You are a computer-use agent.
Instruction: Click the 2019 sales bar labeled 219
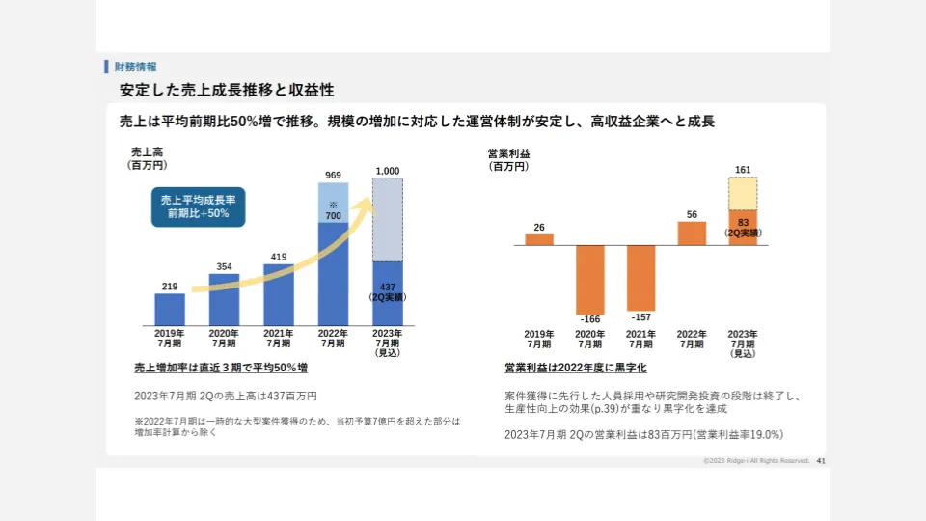[x=170, y=309]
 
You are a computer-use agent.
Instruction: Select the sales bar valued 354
[x=224, y=299]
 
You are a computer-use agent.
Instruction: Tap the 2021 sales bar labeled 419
[x=278, y=294]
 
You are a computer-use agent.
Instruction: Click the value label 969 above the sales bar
[x=333, y=175]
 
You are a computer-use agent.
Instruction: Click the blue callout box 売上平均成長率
[x=198, y=206]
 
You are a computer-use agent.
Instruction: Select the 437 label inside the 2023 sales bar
[x=387, y=288]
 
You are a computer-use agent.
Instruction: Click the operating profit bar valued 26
[x=539, y=239]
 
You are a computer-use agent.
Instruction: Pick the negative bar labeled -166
[x=589, y=278]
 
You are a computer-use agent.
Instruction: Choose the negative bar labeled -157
[x=640, y=276]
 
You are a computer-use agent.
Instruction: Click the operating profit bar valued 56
[x=692, y=233]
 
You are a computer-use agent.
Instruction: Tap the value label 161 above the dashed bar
[x=743, y=170]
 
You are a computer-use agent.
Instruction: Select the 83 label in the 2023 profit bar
[x=743, y=223]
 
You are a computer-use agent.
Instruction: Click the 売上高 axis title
[x=148, y=152]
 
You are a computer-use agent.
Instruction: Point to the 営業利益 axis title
[x=508, y=152]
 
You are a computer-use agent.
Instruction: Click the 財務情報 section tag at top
[x=135, y=67]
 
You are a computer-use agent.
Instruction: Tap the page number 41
[x=821, y=461]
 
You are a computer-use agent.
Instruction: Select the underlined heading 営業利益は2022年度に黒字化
[x=575, y=368]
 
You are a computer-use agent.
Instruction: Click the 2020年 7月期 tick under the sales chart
[x=224, y=338]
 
